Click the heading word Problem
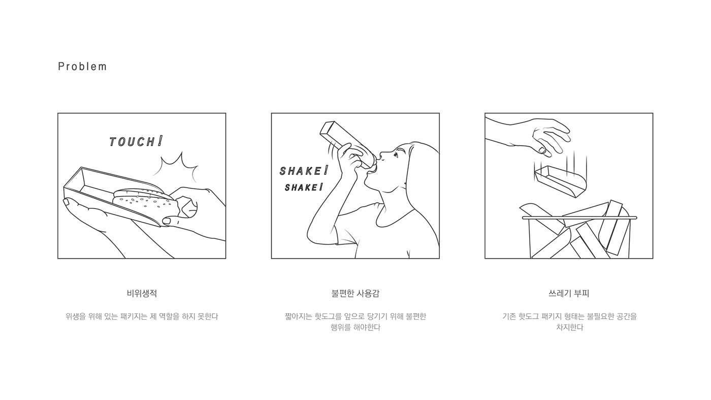82,67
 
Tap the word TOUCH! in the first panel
136,141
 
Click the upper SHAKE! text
304,171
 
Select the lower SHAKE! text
304,188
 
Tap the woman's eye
396,156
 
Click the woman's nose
381,156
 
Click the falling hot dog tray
560,181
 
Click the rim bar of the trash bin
579,218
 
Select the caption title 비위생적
142,293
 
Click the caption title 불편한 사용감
355,293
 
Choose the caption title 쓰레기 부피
569,293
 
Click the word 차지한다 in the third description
569,327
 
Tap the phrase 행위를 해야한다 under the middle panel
355,327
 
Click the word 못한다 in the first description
208,317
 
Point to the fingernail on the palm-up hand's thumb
67,202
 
